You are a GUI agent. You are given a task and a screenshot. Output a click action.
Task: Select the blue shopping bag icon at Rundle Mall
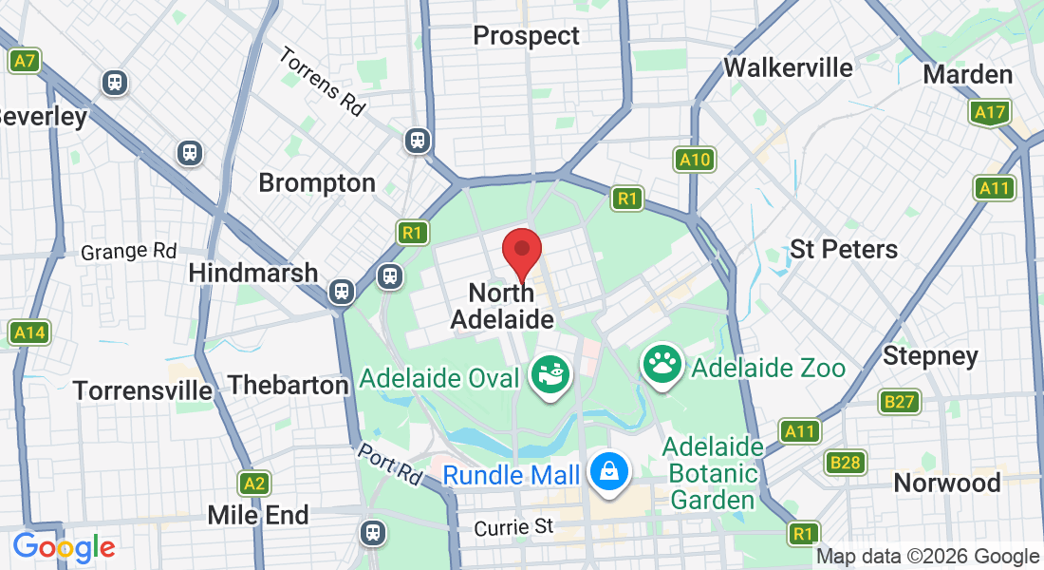click(606, 469)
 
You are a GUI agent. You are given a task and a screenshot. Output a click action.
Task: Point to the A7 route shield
click(25, 62)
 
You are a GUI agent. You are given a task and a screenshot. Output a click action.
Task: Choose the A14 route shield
click(28, 333)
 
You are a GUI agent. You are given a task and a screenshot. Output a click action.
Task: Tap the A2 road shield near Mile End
click(252, 483)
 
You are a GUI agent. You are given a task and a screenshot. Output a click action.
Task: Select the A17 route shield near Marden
click(990, 114)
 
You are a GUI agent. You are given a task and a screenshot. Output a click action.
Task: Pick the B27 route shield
click(899, 402)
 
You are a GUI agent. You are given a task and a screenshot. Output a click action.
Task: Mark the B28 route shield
click(844, 463)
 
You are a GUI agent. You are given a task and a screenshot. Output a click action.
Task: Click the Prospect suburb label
click(526, 36)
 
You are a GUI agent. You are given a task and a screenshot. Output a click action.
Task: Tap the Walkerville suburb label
click(788, 68)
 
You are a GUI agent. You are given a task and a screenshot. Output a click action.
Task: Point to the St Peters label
click(844, 249)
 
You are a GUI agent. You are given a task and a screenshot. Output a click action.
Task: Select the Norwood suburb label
click(947, 483)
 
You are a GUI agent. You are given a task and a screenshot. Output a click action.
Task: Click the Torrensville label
click(143, 390)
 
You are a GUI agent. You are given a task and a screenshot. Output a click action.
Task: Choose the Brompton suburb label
click(317, 182)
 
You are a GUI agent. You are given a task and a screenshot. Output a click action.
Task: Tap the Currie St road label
click(513, 525)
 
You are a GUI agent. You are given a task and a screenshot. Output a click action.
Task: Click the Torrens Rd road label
click(322, 81)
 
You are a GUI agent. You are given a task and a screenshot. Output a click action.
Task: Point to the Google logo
click(64, 547)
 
